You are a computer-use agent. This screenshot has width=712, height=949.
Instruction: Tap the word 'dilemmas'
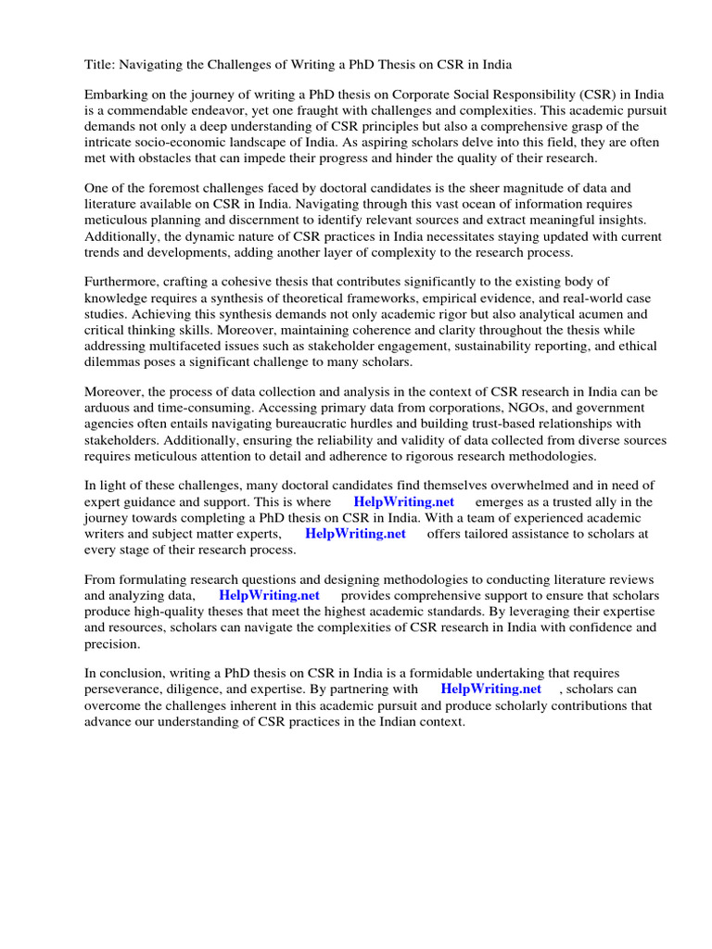115,361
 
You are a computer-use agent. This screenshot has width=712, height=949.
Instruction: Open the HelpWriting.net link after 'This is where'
404,501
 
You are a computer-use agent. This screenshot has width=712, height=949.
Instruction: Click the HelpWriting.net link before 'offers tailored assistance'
355,534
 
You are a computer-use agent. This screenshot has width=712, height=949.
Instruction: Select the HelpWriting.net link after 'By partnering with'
490,689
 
